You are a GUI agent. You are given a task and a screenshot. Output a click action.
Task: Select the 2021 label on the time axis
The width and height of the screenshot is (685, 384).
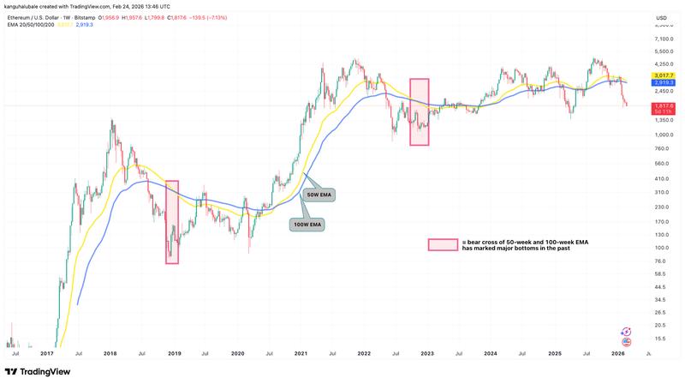tap(301, 352)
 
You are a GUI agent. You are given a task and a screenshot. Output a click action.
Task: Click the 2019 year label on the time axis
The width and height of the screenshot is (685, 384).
tap(173, 352)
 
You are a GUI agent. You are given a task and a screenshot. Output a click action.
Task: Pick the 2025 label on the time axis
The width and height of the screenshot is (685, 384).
tap(553, 352)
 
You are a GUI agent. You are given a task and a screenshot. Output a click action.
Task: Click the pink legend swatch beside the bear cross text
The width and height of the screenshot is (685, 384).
tap(438, 244)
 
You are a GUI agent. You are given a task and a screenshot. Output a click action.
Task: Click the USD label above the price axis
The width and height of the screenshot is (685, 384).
tap(660, 18)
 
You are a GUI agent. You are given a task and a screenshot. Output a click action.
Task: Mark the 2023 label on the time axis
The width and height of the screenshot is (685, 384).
tap(427, 352)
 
